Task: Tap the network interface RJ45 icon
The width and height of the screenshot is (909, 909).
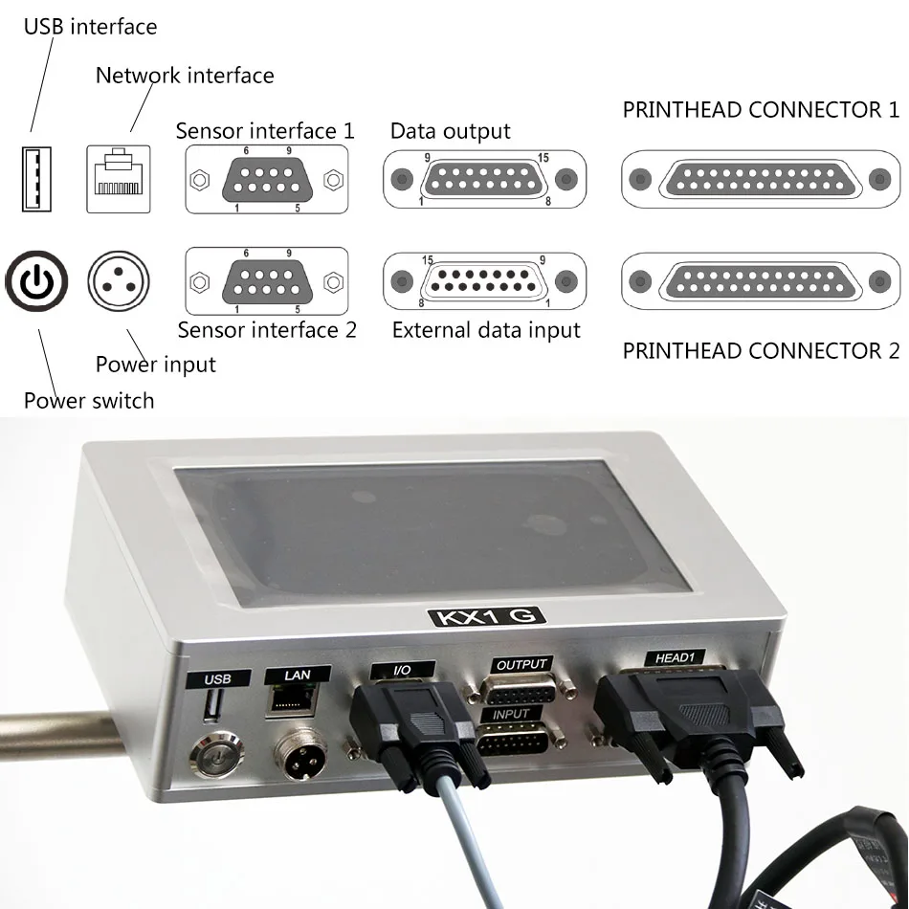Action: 119,178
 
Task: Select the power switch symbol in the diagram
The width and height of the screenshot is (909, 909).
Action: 37,281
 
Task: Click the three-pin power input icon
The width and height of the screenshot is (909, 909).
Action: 119,281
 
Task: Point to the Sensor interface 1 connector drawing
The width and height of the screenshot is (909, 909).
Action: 266,179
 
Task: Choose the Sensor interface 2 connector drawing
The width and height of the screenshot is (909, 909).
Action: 266,281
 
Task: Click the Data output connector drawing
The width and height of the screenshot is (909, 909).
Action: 486,178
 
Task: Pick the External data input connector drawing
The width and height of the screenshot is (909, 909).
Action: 486,281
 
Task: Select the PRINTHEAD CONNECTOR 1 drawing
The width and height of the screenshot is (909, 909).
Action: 761,178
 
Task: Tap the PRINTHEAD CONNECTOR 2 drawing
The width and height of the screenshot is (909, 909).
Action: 761,281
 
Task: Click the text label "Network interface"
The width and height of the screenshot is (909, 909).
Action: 185,76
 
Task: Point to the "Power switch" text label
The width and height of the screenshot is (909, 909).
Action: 89,400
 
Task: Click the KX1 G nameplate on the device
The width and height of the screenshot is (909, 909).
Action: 484,616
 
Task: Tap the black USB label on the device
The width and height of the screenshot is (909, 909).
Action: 218,678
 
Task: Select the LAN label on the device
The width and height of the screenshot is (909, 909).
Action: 298,675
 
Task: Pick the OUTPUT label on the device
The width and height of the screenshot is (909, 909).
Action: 521,664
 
